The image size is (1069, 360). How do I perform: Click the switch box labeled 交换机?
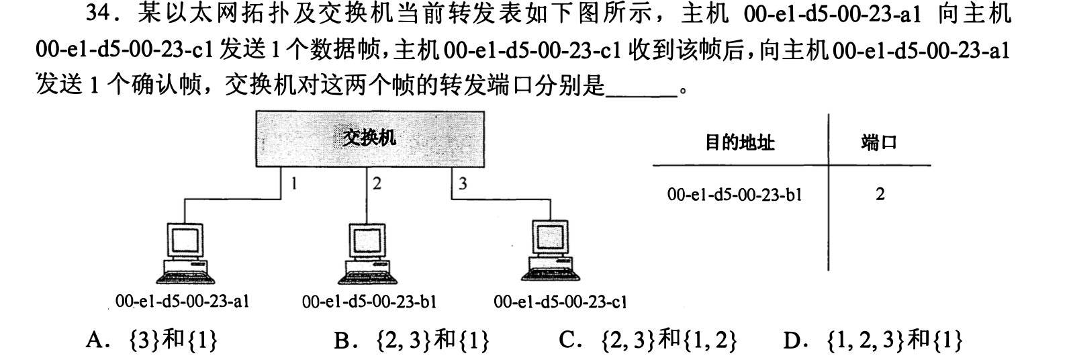369,138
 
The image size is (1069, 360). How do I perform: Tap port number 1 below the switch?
293,183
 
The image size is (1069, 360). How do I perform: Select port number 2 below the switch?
377,183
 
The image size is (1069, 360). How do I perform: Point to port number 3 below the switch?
463,183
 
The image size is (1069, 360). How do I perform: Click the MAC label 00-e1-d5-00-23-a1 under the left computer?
182,302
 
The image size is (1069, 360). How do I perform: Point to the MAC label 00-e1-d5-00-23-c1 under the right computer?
559,302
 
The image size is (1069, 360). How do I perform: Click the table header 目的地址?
739,142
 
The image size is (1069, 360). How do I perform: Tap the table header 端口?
879,142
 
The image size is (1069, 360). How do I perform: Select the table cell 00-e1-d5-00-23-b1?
735,195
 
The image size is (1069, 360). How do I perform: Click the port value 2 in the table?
880,195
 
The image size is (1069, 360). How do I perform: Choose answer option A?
152,342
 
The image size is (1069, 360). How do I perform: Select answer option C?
647,342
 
